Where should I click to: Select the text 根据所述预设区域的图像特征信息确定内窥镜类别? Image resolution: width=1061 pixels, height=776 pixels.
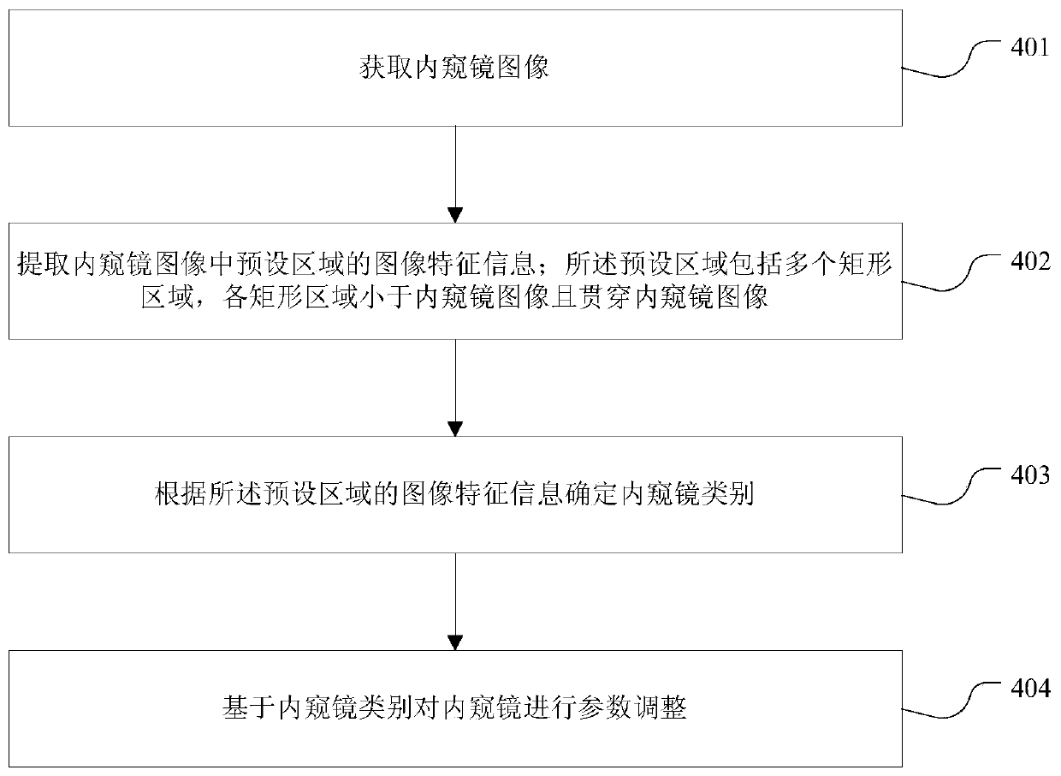tap(455, 495)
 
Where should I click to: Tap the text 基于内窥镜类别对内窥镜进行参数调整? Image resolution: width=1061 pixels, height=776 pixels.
tap(455, 709)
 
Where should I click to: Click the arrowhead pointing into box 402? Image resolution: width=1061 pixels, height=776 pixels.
tap(455, 214)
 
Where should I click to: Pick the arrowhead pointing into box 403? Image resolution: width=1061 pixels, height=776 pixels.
tap(455, 427)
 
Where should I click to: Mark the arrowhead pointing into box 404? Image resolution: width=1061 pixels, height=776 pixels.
tap(455, 642)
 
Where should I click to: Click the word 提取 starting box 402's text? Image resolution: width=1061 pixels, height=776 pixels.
tap(38, 266)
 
